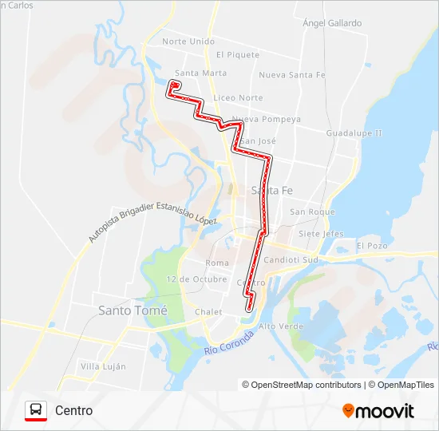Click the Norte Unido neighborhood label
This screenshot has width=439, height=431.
pos(188,42)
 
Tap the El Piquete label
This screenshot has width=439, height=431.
pos(238,55)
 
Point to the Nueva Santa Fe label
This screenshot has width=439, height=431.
pos(292,75)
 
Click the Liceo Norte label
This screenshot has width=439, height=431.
pos(239,98)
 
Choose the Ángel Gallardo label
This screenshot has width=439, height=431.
pos(333,24)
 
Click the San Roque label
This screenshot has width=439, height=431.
pos(312,212)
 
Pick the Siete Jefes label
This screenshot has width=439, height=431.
pos(320,234)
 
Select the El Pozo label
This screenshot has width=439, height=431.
pos(372,246)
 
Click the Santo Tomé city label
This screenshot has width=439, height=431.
pos(132,310)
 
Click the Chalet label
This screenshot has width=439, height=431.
pos(208,312)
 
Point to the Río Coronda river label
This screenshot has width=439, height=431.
pos(233,342)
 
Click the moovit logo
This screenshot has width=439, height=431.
pos(378,411)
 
